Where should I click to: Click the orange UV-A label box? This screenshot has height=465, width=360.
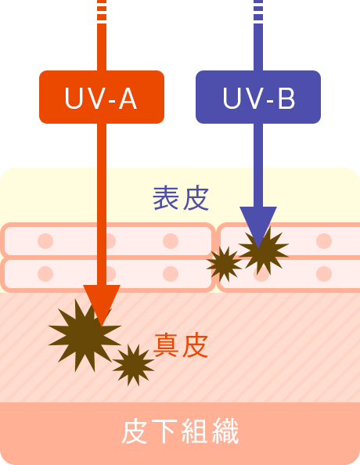tap(102, 97)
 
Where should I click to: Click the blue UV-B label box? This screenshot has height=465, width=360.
tap(258, 97)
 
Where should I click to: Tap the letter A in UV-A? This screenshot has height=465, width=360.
tap(128, 99)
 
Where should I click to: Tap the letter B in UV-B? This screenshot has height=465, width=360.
tap(286, 99)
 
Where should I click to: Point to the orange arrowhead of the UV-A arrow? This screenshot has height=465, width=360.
tap(102, 302)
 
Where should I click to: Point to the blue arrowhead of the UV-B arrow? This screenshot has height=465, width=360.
tap(258, 224)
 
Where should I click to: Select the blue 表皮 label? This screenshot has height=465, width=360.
tap(181, 198)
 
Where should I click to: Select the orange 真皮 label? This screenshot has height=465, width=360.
tap(181, 345)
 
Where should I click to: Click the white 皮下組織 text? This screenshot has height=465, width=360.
tap(180, 431)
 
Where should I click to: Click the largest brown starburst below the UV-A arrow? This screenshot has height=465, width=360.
tap(85, 335)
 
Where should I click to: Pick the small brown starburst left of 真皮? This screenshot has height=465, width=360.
tap(133, 365)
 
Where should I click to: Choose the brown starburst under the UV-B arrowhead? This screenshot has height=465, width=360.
tap(264, 251)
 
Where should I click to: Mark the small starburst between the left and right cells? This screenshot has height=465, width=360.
tap(225, 265)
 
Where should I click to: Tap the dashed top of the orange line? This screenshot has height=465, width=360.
tap(102, 10)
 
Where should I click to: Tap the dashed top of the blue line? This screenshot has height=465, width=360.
tap(258, 10)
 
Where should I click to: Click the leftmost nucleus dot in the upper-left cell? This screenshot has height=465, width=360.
tap(45, 241)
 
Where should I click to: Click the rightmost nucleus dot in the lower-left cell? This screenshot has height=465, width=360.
tap(171, 273)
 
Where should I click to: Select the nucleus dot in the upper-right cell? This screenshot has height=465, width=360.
tap(324, 241)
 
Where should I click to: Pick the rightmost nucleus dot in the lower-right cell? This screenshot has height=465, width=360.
tap(324, 273)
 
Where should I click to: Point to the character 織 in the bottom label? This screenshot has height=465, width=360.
tap(225, 431)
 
